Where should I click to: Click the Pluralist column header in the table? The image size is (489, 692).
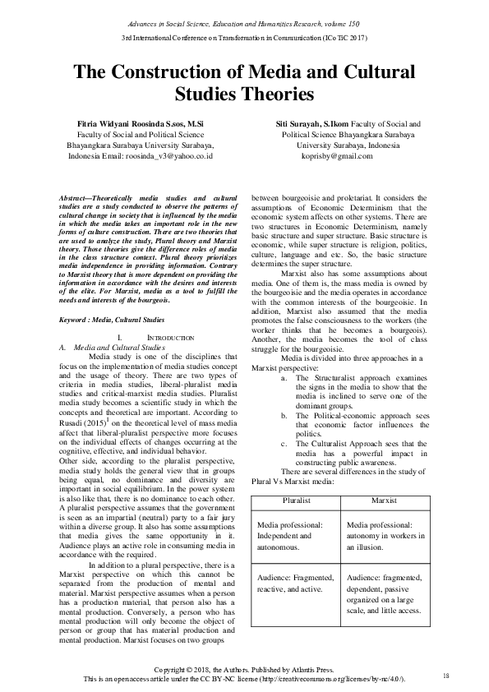pyautogui.click(x=294, y=499)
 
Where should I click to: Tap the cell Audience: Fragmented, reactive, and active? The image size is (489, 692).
pyautogui.click(x=293, y=606)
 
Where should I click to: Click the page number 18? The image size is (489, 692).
pyautogui.click(x=446, y=676)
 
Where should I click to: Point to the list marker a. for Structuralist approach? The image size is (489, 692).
pyautogui.click(x=284, y=377)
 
